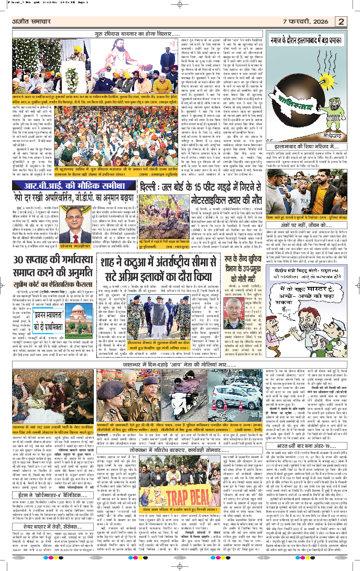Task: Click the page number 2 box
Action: pyautogui.click(x=341, y=21)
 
